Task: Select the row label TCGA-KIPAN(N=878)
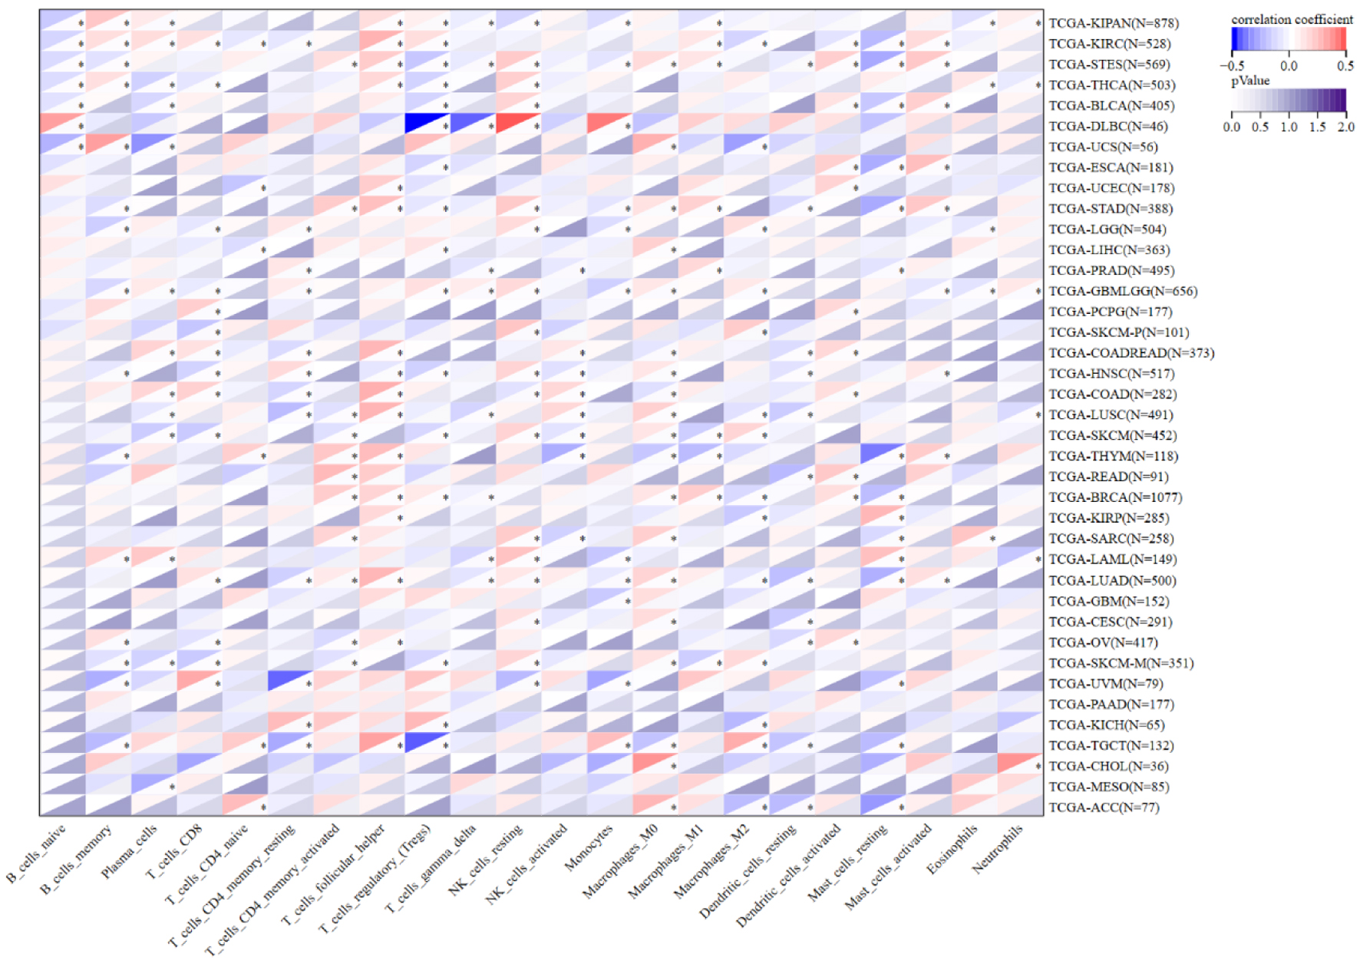tap(1114, 24)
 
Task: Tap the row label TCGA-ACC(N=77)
tap(1104, 807)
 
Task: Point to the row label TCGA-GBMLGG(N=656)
tap(1123, 292)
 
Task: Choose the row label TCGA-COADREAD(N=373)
tap(1131, 354)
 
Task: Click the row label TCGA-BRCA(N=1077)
tap(1115, 497)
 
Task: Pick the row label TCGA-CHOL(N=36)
tap(1108, 767)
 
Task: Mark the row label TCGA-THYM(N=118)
tap(1114, 457)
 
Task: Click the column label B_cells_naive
tap(36, 852)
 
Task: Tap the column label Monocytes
tap(589, 847)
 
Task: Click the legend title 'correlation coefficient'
tap(1292, 19)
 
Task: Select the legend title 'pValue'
tap(1250, 81)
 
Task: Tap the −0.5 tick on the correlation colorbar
tap(1232, 66)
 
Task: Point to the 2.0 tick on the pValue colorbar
tap(1346, 127)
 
